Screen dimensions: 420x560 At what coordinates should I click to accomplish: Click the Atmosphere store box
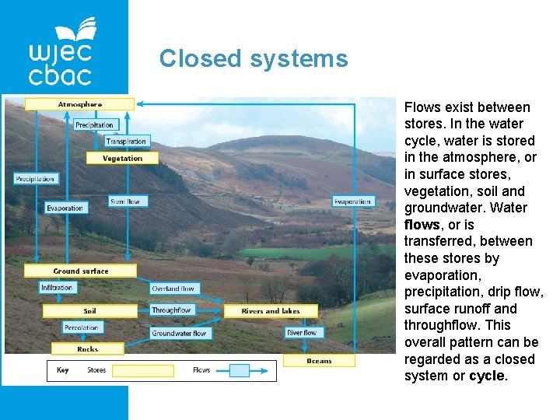click(79, 104)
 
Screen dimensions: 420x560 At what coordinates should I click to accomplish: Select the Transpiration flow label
click(126, 142)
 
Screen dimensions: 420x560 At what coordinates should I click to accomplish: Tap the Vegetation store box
click(123, 158)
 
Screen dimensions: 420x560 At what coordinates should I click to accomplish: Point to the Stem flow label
click(124, 201)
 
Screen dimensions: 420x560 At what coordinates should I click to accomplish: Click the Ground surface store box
click(81, 271)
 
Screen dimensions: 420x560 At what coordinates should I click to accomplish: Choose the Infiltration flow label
click(58, 288)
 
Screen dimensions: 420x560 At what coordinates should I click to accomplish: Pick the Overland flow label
click(173, 289)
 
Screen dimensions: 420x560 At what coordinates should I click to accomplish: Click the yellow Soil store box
click(90, 311)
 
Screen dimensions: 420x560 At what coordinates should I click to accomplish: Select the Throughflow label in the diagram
click(172, 310)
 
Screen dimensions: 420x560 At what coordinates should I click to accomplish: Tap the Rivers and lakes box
click(270, 311)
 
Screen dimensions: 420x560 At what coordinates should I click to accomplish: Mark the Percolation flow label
click(81, 328)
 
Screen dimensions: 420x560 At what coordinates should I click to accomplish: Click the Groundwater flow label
click(179, 334)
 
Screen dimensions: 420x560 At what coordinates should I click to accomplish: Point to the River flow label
click(302, 333)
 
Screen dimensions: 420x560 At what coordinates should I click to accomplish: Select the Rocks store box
click(88, 349)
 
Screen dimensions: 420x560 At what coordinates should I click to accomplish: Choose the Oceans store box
click(319, 361)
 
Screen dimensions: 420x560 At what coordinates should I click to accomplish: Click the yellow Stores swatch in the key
click(142, 370)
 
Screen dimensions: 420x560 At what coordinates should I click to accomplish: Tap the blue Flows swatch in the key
click(240, 370)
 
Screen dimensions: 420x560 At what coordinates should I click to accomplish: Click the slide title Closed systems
click(254, 58)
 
